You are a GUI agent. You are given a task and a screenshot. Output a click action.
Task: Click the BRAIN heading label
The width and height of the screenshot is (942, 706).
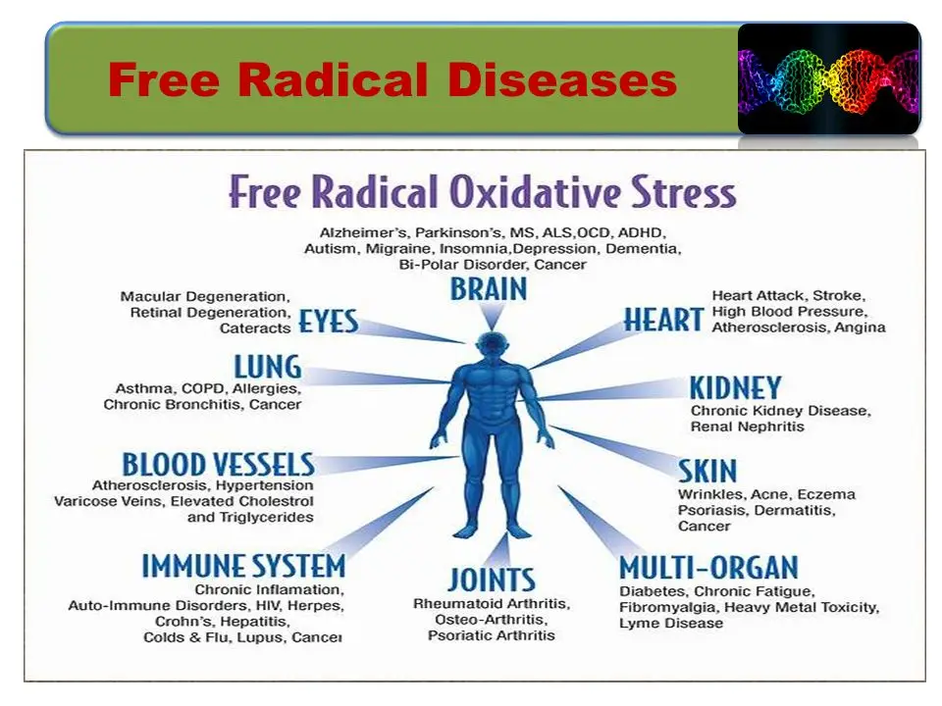tap(489, 288)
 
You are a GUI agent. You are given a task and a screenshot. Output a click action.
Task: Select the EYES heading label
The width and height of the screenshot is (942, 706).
tap(328, 322)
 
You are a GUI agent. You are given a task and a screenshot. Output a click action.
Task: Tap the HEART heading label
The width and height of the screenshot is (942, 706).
tap(663, 320)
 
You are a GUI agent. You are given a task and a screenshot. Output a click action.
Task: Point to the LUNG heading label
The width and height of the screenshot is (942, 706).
tap(267, 366)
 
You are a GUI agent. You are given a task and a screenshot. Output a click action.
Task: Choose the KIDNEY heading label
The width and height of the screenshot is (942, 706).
tap(735, 388)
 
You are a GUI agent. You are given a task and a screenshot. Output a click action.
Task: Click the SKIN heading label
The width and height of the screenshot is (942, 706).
tap(707, 472)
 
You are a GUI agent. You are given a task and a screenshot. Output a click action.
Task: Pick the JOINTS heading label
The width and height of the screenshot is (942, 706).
tap(492, 580)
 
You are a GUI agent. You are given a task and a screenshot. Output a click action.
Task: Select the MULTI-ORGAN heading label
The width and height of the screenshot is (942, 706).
tap(708, 568)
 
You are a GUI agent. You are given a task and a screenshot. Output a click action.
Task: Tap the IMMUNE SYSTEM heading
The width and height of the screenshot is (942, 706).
tap(243, 566)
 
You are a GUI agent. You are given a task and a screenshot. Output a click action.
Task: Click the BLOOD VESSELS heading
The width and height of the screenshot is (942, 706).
tap(218, 465)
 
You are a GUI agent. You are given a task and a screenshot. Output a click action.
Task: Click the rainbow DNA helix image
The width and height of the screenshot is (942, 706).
tap(829, 78)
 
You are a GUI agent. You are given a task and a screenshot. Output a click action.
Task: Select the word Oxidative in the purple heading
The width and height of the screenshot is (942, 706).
tap(536, 192)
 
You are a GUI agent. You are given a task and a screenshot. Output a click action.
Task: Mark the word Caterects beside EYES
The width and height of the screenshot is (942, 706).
tap(255, 328)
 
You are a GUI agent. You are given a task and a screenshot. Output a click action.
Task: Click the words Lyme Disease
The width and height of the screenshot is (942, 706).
tap(671, 624)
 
